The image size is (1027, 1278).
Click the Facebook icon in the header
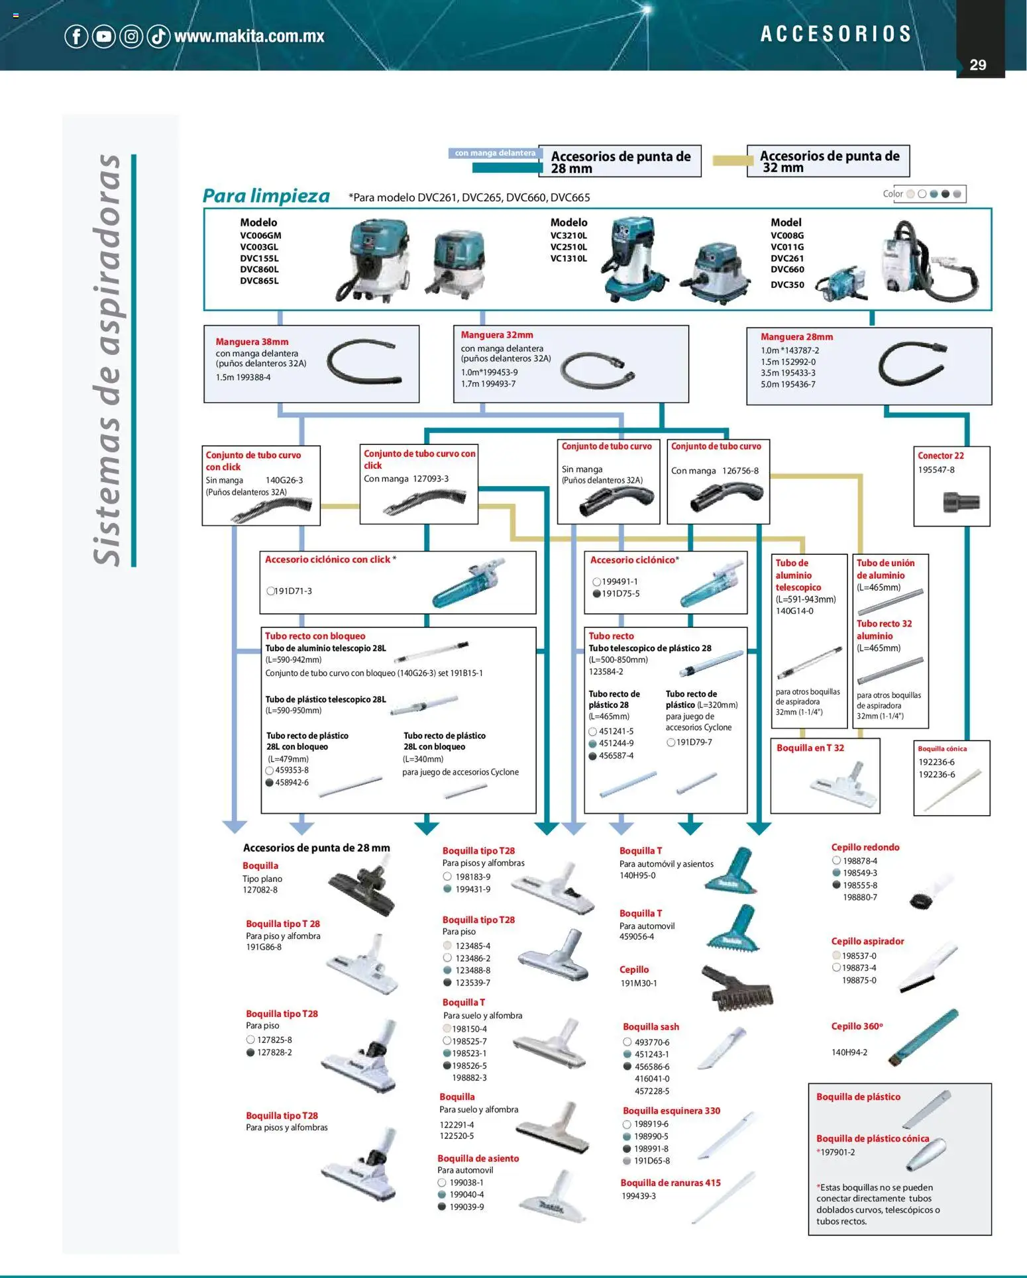(x=76, y=36)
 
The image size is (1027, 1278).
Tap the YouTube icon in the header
(x=104, y=36)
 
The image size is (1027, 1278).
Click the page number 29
(x=977, y=65)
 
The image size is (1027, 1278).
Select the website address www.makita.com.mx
(x=249, y=36)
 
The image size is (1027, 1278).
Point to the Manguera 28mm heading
(x=796, y=337)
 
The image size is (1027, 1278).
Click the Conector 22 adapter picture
(x=961, y=502)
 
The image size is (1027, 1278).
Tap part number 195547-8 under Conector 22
(x=936, y=470)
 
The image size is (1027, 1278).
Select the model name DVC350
(x=787, y=285)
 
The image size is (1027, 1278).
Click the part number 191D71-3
(x=293, y=591)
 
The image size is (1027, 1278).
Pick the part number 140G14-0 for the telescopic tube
(x=794, y=611)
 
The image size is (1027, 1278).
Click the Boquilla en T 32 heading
(x=810, y=748)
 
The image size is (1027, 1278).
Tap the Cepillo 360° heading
(x=857, y=1026)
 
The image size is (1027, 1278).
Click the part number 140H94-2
(x=849, y=1052)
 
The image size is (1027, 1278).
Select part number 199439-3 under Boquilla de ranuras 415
(x=639, y=1196)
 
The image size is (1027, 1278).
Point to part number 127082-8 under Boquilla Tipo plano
(x=260, y=890)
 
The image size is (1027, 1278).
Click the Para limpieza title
(x=266, y=196)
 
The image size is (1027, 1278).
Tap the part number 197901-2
(x=838, y=1152)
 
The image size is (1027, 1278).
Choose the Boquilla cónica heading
(x=942, y=749)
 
